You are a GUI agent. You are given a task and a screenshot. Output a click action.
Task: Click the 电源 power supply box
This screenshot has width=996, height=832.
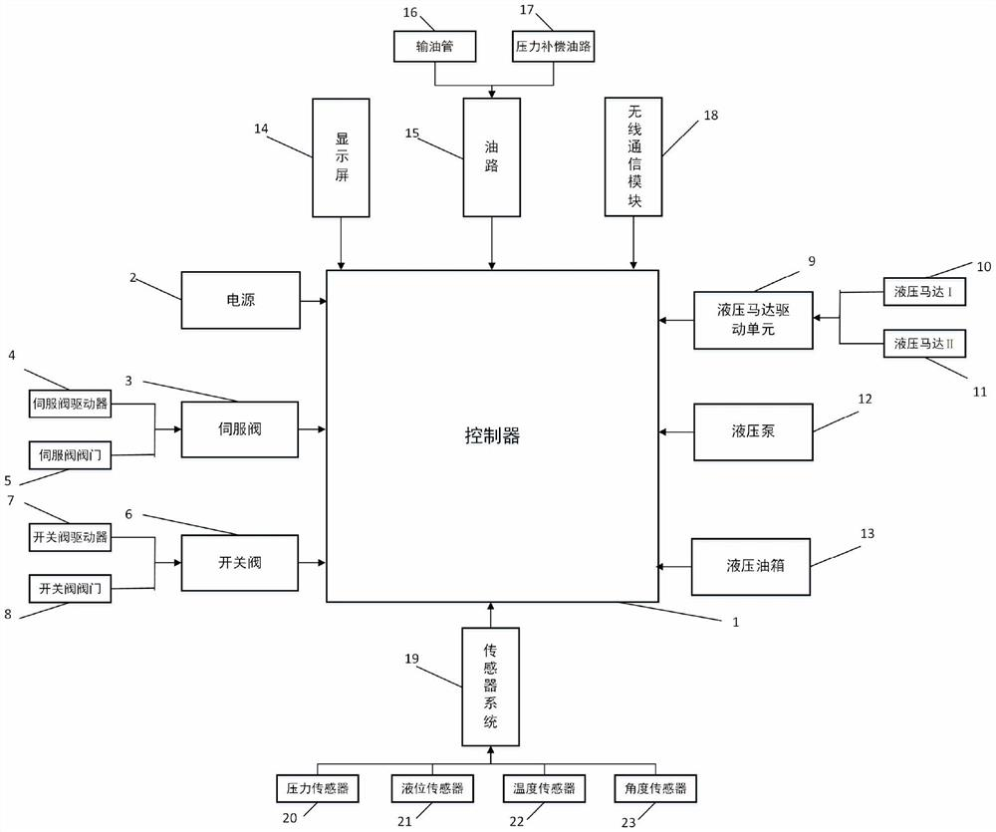coord(240,299)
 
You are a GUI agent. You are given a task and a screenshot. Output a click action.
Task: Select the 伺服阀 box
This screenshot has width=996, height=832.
coord(240,429)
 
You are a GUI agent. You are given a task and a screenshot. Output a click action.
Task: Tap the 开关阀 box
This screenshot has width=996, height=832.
coord(240,563)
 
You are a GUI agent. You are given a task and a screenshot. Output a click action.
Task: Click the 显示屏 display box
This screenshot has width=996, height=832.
coord(342,156)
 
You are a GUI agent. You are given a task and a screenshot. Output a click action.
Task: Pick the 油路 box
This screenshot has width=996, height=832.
coord(492,156)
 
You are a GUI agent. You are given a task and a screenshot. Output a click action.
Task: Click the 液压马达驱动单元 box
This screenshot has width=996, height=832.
coord(752,320)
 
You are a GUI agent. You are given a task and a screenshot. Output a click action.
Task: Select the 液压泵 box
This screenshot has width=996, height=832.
coord(752,431)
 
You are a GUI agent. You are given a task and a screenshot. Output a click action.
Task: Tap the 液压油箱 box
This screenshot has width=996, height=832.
coord(752,567)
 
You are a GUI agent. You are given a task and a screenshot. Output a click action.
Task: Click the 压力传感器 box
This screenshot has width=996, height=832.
coord(315,788)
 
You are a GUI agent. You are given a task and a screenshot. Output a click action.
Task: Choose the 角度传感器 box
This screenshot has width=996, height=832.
coord(652,788)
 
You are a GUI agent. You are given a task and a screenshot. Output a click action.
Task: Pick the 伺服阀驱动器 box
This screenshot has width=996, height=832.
coord(71,404)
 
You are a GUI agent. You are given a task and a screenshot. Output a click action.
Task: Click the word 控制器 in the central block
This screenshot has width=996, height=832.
coord(492,435)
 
